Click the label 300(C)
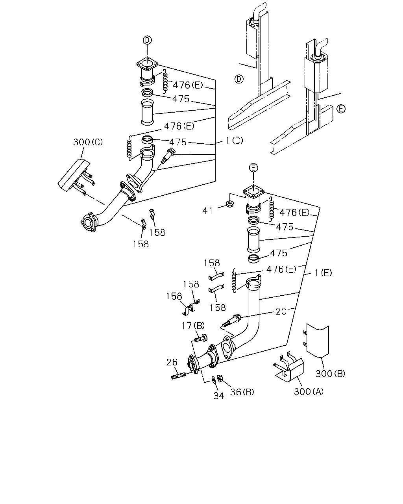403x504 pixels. (88, 142)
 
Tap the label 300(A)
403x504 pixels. (309, 391)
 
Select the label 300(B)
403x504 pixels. (331, 374)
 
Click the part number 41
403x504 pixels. (207, 211)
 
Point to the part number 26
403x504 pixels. (172, 362)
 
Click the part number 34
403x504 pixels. (219, 396)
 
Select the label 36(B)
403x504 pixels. (242, 392)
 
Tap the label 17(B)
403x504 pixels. (193, 326)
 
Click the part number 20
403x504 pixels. (281, 311)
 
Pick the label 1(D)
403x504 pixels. (235, 141)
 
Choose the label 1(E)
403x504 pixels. (323, 273)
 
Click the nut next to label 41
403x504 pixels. (229, 204)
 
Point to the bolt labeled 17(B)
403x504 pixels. (201, 338)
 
